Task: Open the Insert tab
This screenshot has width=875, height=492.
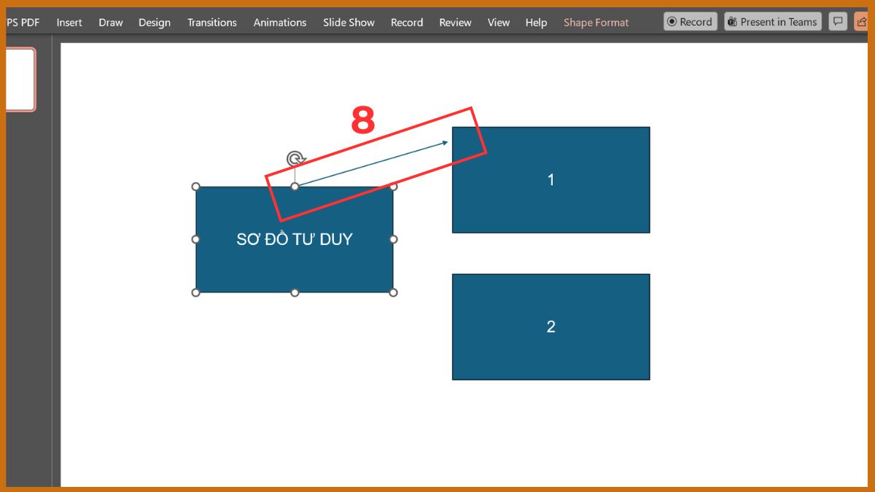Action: tap(69, 23)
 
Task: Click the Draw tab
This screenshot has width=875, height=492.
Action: tap(111, 23)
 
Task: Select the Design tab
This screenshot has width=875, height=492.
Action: tap(155, 23)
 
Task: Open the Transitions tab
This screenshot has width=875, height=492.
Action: tap(211, 23)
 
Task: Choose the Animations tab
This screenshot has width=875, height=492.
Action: tap(280, 23)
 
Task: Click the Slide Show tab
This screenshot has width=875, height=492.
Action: tap(349, 23)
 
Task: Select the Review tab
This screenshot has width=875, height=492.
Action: tap(455, 23)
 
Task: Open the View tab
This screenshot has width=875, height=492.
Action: tap(499, 23)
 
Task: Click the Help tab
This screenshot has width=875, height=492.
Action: tap(536, 23)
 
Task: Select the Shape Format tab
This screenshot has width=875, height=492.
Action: tap(596, 23)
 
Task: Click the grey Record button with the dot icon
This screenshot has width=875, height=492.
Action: tap(691, 21)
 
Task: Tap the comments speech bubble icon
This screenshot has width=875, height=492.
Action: tap(838, 21)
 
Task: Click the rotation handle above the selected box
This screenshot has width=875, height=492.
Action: tap(295, 159)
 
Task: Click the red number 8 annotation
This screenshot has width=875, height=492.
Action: tap(363, 120)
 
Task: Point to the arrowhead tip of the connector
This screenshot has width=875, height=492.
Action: tap(448, 142)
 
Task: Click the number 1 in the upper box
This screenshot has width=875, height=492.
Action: tap(551, 180)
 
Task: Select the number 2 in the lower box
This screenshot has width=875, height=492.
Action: tap(551, 327)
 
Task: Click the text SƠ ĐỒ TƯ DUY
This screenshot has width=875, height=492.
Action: tap(295, 239)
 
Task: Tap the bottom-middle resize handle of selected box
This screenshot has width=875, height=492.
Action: tap(295, 292)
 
